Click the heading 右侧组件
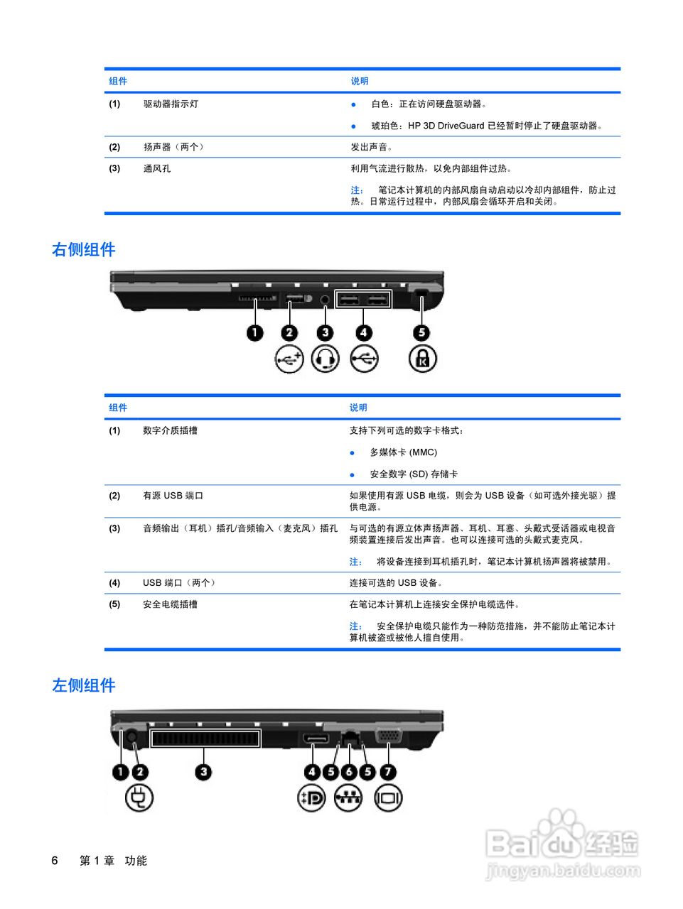point(83,250)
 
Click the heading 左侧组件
point(83,686)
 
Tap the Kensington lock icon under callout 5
point(422,359)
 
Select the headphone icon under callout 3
point(325,359)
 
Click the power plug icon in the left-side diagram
point(139,798)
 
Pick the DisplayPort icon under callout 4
point(311,798)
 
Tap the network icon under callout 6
point(348,798)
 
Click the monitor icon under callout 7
point(388,798)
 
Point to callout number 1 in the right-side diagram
point(254,332)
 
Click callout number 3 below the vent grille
point(204,772)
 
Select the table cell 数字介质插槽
point(170,430)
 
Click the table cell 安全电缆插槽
point(170,604)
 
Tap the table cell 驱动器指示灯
point(171,104)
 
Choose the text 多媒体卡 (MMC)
point(403,452)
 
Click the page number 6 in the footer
point(55,861)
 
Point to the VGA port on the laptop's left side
point(387,735)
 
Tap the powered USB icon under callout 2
point(289,359)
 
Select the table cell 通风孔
point(157,168)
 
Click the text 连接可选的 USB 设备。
point(396,583)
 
